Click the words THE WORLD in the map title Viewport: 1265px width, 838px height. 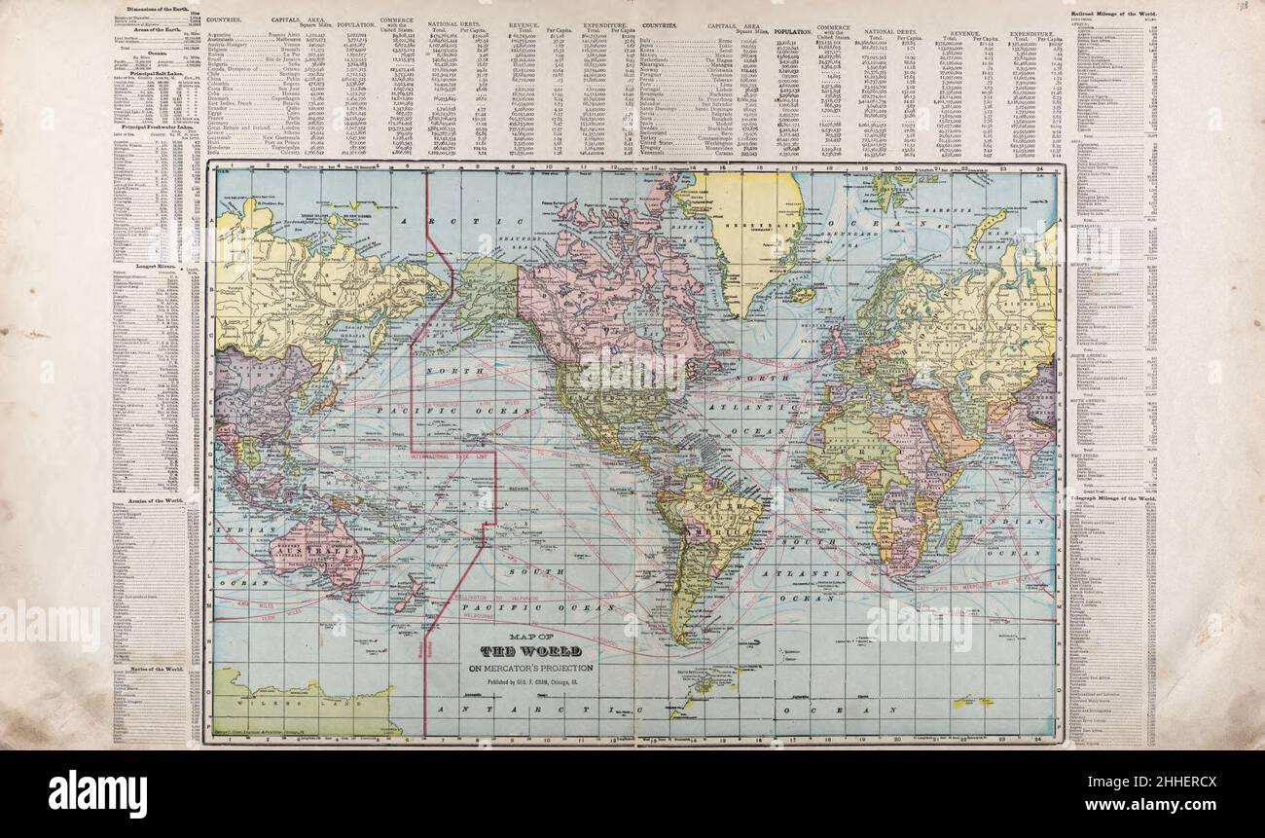pos(530,650)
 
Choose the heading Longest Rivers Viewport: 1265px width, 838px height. pos(156,265)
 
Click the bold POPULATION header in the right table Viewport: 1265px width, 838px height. pos(792,31)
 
